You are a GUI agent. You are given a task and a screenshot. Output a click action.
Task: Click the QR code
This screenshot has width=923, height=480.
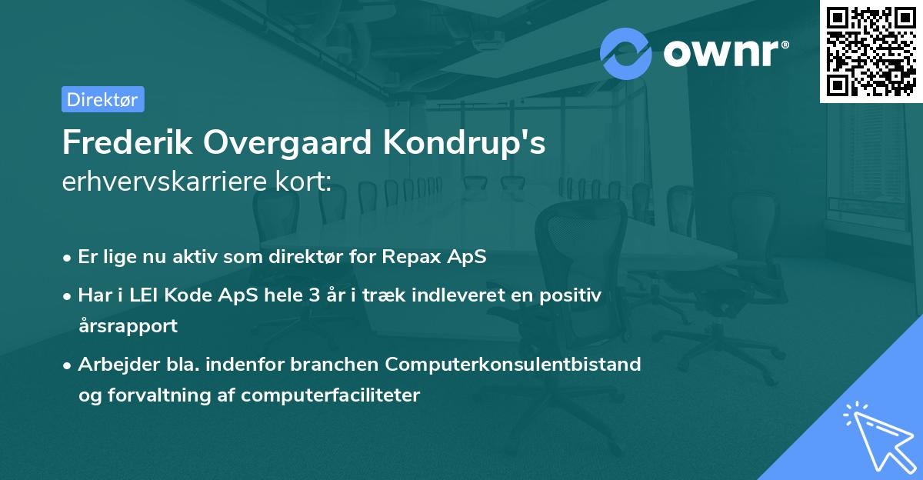click(x=871, y=51)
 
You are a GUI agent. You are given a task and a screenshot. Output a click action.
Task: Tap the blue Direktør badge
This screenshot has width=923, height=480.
click(x=102, y=99)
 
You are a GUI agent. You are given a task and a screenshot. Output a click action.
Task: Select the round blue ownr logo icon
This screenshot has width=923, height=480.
click(x=626, y=53)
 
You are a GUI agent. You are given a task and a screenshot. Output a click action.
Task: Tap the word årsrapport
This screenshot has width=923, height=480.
click(x=128, y=325)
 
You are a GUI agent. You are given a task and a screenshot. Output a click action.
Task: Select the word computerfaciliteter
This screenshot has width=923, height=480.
click(x=330, y=395)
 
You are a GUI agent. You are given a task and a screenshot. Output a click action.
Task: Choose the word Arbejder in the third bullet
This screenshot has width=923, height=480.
click(x=114, y=364)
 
